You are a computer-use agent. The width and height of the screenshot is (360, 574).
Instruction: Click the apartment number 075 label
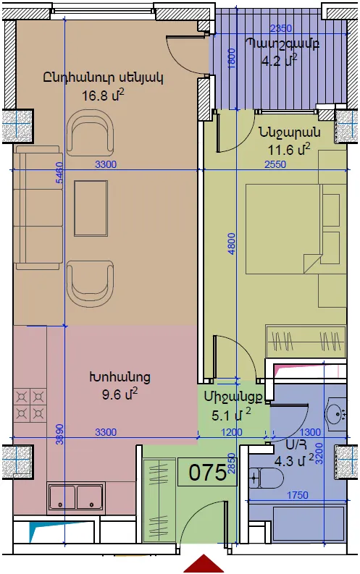(x=207, y=472)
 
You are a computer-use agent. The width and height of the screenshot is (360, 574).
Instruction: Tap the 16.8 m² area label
(x=103, y=96)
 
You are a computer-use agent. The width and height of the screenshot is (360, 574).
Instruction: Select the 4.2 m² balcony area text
(x=279, y=59)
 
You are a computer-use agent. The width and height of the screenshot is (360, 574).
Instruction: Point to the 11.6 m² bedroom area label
(x=289, y=149)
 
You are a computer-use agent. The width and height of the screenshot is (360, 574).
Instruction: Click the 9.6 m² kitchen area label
(x=120, y=394)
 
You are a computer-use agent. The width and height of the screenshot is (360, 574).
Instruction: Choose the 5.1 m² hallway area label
(x=232, y=415)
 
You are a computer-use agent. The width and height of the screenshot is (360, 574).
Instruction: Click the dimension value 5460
(x=59, y=172)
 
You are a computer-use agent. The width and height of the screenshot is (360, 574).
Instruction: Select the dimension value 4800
(x=231, y=243)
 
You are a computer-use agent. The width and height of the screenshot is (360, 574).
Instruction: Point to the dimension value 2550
(x=275, y=164)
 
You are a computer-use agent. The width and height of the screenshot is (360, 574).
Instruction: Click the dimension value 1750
(x=297, y=495)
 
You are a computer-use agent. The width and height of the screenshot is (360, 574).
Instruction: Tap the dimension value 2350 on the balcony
(x=281, y=28)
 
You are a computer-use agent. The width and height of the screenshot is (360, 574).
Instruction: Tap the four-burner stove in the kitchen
(x=30, y=405)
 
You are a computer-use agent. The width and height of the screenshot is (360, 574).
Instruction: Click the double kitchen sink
(x=76, y=497)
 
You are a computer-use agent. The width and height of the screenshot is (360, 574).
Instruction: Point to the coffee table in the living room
(x=91, y=208)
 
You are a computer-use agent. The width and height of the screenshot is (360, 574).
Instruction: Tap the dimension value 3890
(x=59, y=434)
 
